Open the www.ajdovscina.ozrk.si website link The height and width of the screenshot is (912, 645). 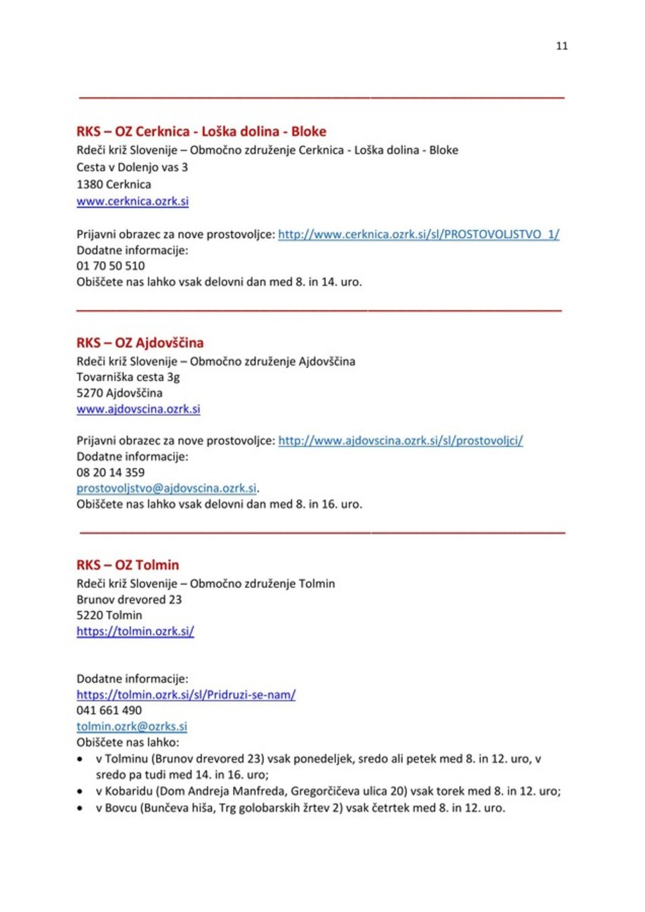(138, 413)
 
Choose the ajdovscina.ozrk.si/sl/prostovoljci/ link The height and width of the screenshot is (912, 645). (402, 442)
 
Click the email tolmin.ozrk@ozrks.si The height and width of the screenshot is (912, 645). (131, 725)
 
